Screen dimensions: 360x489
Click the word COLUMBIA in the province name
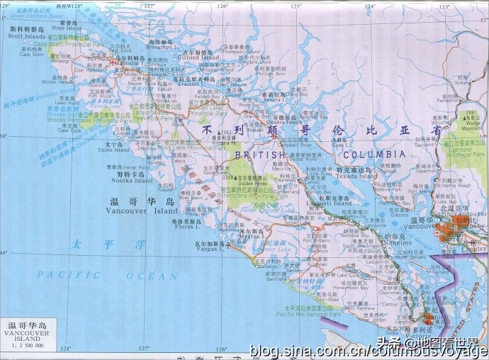[x=376, y=153]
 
